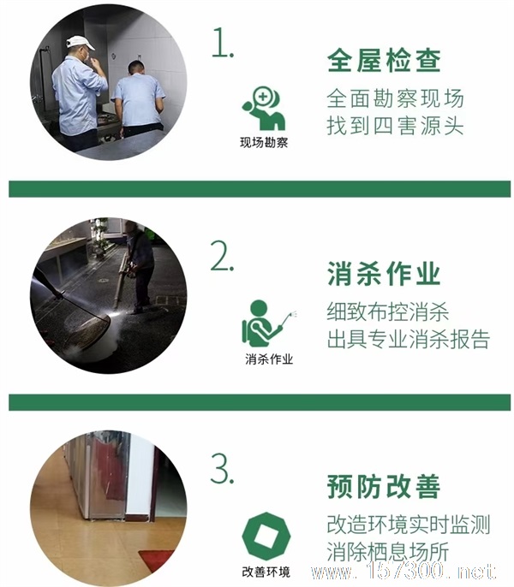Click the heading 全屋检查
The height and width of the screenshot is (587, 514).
[384, 61]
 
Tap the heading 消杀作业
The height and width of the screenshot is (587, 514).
[384, 274]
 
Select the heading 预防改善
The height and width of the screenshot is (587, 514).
[384, 486]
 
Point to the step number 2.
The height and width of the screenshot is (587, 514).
[222, 256]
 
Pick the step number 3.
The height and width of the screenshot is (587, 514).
[223, 469]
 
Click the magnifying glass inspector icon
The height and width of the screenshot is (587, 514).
[264, 109]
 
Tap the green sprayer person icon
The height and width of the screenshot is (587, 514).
[269, 323]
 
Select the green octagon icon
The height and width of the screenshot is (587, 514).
[266, 537]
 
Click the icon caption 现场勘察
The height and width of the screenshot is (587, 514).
[264, 143]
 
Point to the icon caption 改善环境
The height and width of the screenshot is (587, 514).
[266, 572]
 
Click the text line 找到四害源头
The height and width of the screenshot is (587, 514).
[395, 126]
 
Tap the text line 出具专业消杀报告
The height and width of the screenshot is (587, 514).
[409, 339]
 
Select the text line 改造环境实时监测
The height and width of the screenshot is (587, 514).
[409, 525]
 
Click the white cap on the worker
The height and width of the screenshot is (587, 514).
[80, 42]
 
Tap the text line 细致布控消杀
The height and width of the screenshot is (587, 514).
[388, 311]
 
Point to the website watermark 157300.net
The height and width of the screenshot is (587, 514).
[403, 572]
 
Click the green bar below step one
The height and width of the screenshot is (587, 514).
[260, 189]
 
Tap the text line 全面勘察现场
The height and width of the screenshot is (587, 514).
[395, 98]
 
